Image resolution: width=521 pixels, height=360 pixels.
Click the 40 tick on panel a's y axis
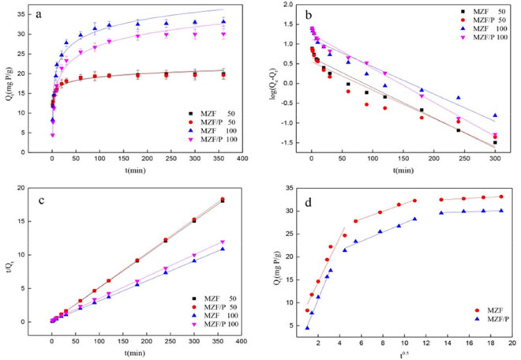pyautogui.click(x=38, y=6)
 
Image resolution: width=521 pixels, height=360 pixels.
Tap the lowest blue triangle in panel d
pyautogui.click(x=307, y=328)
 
